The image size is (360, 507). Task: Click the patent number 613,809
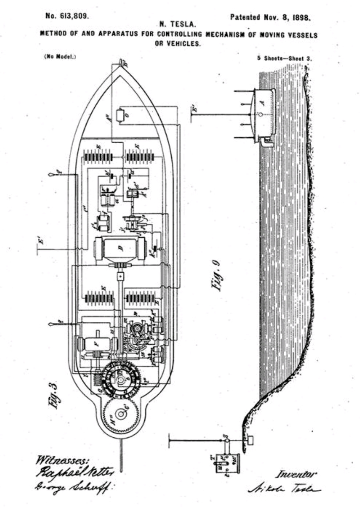pos(67,17)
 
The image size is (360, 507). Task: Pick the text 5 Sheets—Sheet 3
pos(285,58)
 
